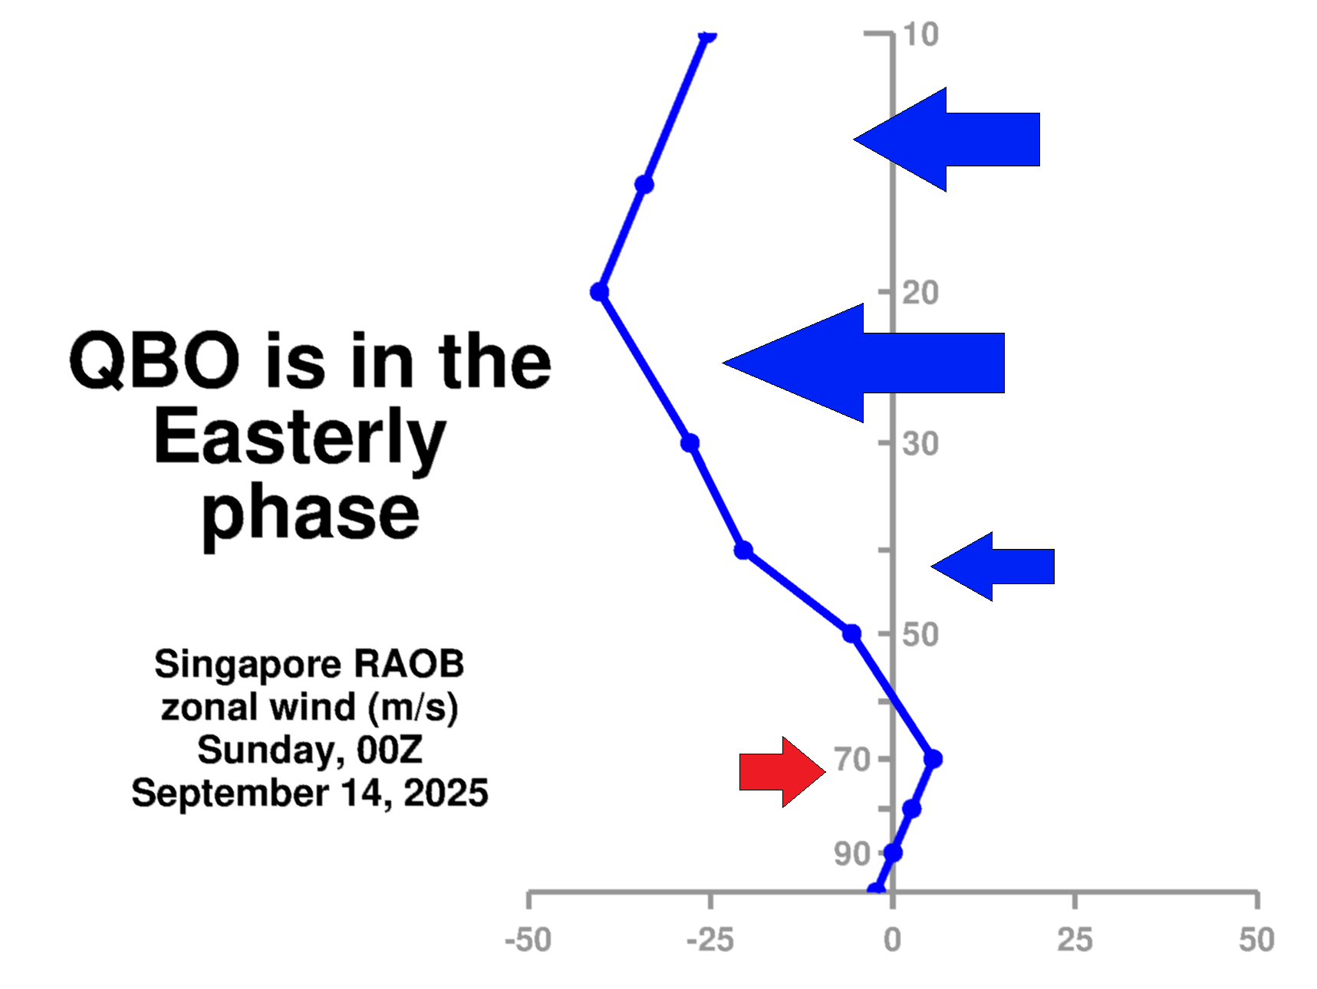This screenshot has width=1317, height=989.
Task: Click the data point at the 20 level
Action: point(600,292)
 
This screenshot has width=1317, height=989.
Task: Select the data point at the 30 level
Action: point(690,443)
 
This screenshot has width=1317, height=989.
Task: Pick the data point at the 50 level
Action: point(851,634)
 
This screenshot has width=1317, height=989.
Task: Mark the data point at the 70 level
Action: point(933,759)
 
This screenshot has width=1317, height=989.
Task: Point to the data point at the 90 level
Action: point(893,853)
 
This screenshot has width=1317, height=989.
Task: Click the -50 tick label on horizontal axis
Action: point(528,940)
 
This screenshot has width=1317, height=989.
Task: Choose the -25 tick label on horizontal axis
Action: point(710,940)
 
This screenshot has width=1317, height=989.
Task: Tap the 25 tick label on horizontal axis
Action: point(1075,940)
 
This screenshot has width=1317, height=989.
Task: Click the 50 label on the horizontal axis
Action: point(1256,940)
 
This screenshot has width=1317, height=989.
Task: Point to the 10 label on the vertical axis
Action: point(920,34)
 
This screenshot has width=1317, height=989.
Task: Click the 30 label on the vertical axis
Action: point(920,443)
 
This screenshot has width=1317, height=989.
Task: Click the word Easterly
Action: point(299,439)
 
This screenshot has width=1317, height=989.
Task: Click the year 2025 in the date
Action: point(446,793)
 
